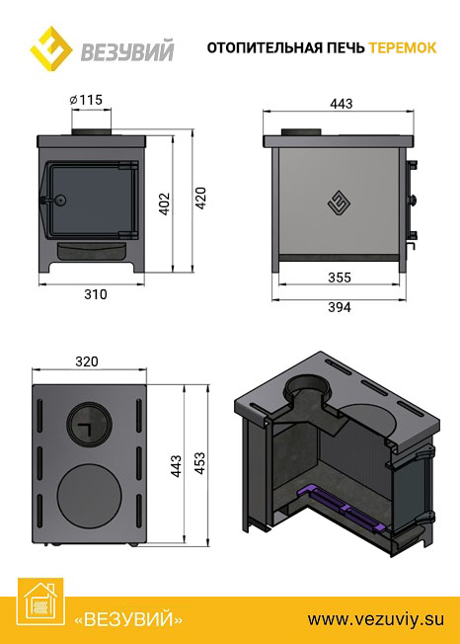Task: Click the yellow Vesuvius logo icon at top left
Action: pyautogui.click(x=51, y=48)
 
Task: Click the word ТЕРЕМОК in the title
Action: pyautogui.click(x=403, y=47)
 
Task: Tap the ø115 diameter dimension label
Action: pyautogui.click(x=86, y=100)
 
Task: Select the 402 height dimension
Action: pyautogui.click(x=165, y=204)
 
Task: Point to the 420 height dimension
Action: pyautogui.click(x=200, y=198)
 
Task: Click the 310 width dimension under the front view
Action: pyautogui.click(x=96, y=294)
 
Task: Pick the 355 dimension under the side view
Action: pyautogui.click(x=340, y=279)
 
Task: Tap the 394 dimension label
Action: pyautogui.click(x=340, y=307)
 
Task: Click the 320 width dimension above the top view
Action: pyautogui.click(x=87, y=362)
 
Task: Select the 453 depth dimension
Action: pyautogui.click(x=199, y=463)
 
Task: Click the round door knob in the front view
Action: pyautogui.click(x=60, y=201)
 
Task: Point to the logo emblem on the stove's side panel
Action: pyautogui.click(x=340, y=203)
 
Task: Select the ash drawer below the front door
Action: pyautogui.click(x=91, y=251)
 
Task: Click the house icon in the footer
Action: pyautogui.click(x=40, y=602)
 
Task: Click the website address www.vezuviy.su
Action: pyautogui.click(x=376, y=618)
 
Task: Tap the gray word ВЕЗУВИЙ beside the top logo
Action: pyautogui.click(x=127, y=51)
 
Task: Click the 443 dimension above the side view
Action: pyautogui.click(x=341, y=104)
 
